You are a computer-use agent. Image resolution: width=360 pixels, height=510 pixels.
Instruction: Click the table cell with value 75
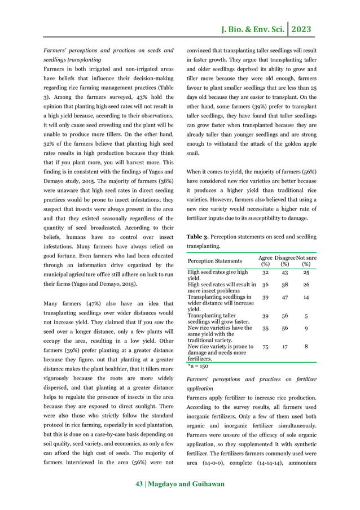pos(265,348)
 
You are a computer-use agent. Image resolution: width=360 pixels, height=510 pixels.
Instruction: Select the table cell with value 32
pos(265,272)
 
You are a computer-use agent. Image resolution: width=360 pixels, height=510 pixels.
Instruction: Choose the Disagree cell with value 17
pos(285,348)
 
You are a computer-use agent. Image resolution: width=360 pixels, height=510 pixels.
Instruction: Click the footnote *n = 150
pos(198,366)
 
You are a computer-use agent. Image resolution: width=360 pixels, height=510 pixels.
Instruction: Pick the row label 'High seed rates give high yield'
pos(217,275)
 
